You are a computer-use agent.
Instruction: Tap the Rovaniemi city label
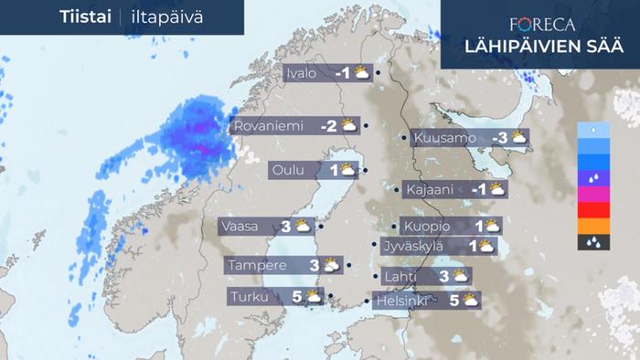point(269,126)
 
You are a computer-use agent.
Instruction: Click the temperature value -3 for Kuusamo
point(499,138)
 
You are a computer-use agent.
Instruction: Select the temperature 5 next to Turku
point(297,297)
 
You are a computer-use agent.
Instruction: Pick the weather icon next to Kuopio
point(491,226)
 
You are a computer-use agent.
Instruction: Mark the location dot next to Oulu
point(365,170)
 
